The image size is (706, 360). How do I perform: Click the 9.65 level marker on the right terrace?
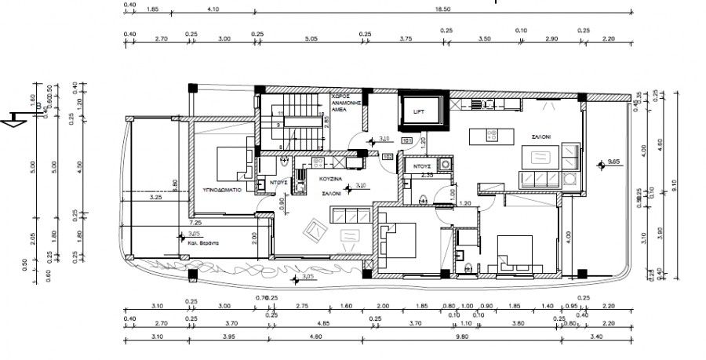614,163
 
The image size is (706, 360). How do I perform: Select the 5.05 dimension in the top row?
311,37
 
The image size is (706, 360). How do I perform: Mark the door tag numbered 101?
406,141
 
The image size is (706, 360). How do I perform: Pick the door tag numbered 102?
388,156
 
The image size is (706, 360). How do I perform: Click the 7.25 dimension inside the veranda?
195,224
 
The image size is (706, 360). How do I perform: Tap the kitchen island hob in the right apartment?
491,136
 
